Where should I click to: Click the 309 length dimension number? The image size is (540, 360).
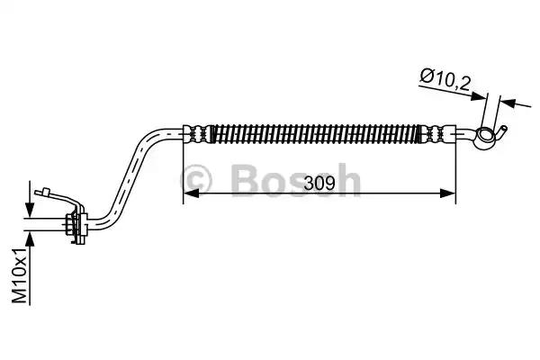coord(319,183)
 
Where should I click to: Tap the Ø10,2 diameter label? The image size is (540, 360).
coord(445,80)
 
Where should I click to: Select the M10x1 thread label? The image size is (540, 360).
coord(20,274)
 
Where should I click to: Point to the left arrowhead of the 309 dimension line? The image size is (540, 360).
coord(191,193)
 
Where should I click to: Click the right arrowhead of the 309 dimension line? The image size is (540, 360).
coord(447,193)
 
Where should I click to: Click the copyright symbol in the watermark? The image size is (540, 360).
coord(196,179)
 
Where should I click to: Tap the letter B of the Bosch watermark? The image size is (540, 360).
coord(247,179)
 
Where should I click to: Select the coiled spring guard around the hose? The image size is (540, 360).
coord(315,133)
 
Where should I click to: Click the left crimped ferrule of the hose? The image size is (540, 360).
coord(195,133)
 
